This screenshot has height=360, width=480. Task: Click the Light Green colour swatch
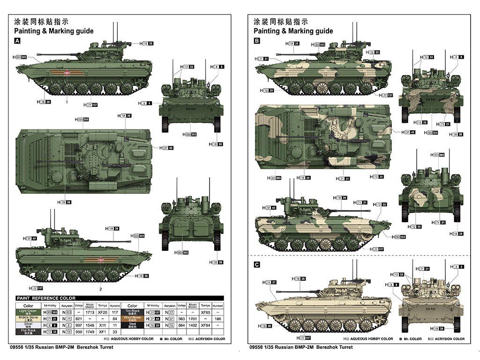[x=28, y=312]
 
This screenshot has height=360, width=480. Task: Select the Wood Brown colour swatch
[x=133, y=318]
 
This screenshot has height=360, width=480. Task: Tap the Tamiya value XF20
[x=102, y=312]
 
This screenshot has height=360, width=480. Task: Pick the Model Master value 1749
[x=90, y=331]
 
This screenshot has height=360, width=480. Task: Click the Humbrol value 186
[x=217, y=318]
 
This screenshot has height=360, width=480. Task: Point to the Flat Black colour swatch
[x=28, y=331]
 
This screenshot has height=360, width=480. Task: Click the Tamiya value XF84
[x=205, y=325]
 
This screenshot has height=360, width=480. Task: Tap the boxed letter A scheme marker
[x=18, y=41]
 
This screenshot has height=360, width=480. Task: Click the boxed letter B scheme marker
[x=257, y=41]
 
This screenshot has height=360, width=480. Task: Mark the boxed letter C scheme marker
[x=257, y=265]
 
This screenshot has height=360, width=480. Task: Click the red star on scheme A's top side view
[x=67, y=73]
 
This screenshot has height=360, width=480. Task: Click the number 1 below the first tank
[x=67, y=102]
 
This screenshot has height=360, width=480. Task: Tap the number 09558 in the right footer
[x=260, y=347]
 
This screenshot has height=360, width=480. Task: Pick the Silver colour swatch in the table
[x=28, y=325]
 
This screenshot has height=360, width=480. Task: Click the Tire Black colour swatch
[x=133, y=312]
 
